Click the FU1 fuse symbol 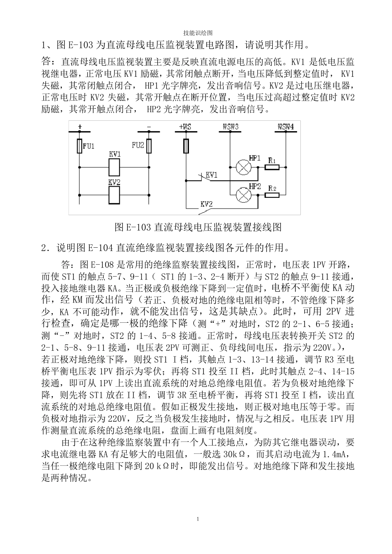(x=80, y=146)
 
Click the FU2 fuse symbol (x=149, y=146)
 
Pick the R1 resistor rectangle (x=272, y=167)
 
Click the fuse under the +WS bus (x=186, y=146)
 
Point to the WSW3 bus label (x=231, y=127)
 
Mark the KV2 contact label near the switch (x=206, y=204)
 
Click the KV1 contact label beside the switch (x=212, y=175)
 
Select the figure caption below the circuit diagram (x=198, y=227)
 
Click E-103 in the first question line (x=80, y=44)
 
